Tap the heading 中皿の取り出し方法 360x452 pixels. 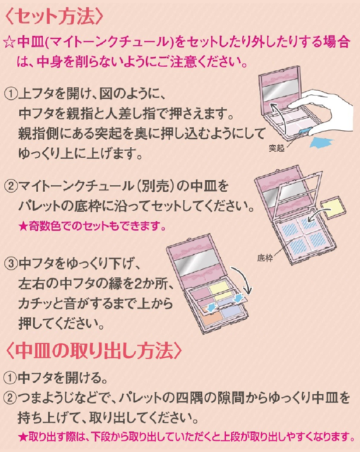(94, 350)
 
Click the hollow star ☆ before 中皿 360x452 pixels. (9, 43)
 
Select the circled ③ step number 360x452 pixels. (11, 263)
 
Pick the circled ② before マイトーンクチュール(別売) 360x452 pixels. (11, 186)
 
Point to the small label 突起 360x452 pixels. (277, 148)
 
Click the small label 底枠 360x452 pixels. (265, 258)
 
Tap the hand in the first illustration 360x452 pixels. (323, 112)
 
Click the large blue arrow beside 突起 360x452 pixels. (322, 143)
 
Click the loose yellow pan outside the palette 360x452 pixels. (334, 208)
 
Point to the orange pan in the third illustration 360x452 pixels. (212, 316)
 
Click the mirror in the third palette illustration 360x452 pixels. (197, 262)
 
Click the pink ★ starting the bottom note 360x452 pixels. (23, 437)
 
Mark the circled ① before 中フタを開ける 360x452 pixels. (10, 378)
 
